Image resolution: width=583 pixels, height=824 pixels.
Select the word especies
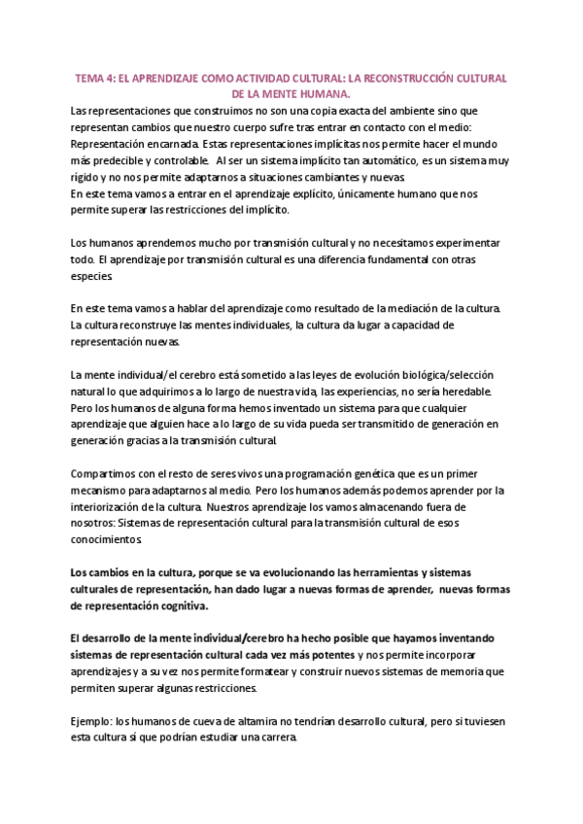click(x=92, y=276)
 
